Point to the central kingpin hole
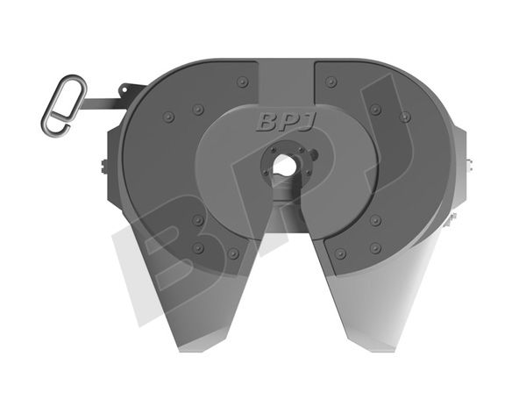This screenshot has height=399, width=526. [283, 165]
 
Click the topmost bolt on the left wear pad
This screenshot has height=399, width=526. [242, 82]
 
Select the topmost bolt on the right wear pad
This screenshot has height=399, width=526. [331, 82]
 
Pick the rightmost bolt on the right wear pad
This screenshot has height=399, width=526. [404, 115]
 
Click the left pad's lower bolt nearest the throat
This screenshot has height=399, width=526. [233, 253]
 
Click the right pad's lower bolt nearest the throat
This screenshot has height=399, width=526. [340, 253]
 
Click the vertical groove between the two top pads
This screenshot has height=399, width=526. [287, 88]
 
